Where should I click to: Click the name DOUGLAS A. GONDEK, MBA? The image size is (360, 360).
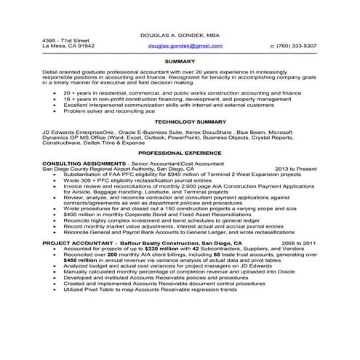pos(180,36)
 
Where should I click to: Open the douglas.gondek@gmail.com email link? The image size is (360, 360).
pos(185,45)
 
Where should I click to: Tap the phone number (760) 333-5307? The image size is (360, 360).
pos(293,45)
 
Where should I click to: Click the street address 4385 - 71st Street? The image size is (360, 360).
pos(65,40)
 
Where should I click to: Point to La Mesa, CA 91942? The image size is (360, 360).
pos(68,46)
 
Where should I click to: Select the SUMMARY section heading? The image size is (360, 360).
pos(180,62)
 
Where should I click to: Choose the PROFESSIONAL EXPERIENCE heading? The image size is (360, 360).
pos(180,154)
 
